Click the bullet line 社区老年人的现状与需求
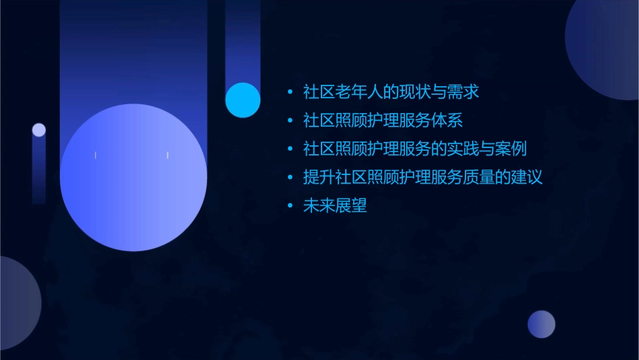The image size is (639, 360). point(391,92)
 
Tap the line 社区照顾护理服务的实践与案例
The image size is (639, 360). point(414,149)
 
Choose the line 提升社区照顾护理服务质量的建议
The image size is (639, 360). point(422,178)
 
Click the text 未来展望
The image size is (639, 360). point(335,207)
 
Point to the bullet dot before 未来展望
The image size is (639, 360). point(290,207)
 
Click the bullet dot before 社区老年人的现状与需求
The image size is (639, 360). point(290,92)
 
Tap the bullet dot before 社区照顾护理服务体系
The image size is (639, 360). point(290,121)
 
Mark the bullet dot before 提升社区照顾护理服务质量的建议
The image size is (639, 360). point(290,178)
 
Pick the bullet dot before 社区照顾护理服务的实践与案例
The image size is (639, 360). point(290,149)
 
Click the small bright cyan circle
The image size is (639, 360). point(243,100)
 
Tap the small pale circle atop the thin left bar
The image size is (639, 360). point(39,130)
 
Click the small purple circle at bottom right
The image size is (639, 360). point(541,324)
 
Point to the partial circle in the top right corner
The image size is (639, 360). point(605,47)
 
